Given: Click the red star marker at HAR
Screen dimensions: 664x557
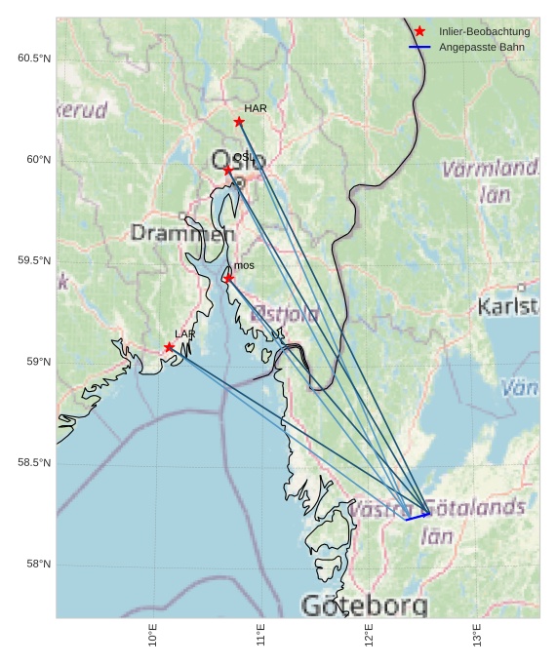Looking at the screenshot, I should (x=239, y=122).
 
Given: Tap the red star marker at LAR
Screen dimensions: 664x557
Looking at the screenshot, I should (x=170, y=347).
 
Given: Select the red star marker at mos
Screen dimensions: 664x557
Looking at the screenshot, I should (x=228, y=278).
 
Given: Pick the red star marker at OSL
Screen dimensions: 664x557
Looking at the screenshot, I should (x=228, y=170).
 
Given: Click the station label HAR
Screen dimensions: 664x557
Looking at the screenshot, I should (x=256, y=108).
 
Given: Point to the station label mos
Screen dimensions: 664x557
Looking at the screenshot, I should (x=244, y=265).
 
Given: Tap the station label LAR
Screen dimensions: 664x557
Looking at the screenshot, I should (x=185, y=334).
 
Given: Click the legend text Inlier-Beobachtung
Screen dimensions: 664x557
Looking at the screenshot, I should (x=484, y=32).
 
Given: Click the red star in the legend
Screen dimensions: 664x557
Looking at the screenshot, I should (x=419, y=32).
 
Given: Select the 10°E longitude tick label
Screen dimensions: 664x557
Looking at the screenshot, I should (x=153, y=635).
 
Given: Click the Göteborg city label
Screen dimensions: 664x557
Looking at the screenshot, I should (x=364, y=605).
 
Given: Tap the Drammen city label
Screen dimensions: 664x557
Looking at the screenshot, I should (x=182, y=234).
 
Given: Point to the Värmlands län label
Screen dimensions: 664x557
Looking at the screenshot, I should (x=491, y=181).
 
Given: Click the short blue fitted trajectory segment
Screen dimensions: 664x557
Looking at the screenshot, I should (x=418, y=516).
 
